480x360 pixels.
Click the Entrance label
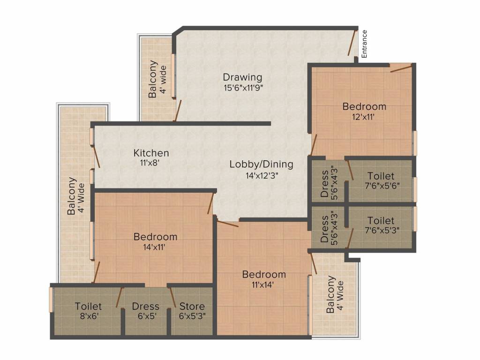364,44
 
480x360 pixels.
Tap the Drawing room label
242,77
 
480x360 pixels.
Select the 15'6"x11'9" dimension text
243,88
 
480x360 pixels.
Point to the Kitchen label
151,153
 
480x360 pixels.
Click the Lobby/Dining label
262,165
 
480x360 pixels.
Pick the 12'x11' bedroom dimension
364,117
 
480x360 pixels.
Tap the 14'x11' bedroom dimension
154,247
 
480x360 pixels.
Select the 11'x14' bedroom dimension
262,285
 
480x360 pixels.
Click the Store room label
192,306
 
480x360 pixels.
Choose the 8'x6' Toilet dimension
89,316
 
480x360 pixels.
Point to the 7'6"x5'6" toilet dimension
382,186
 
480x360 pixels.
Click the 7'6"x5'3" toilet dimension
382,230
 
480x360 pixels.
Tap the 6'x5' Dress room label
145,306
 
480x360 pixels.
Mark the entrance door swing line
352,43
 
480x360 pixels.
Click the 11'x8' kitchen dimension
150,163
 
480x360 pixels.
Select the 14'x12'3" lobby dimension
262,176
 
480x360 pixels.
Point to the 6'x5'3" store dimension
192,316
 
